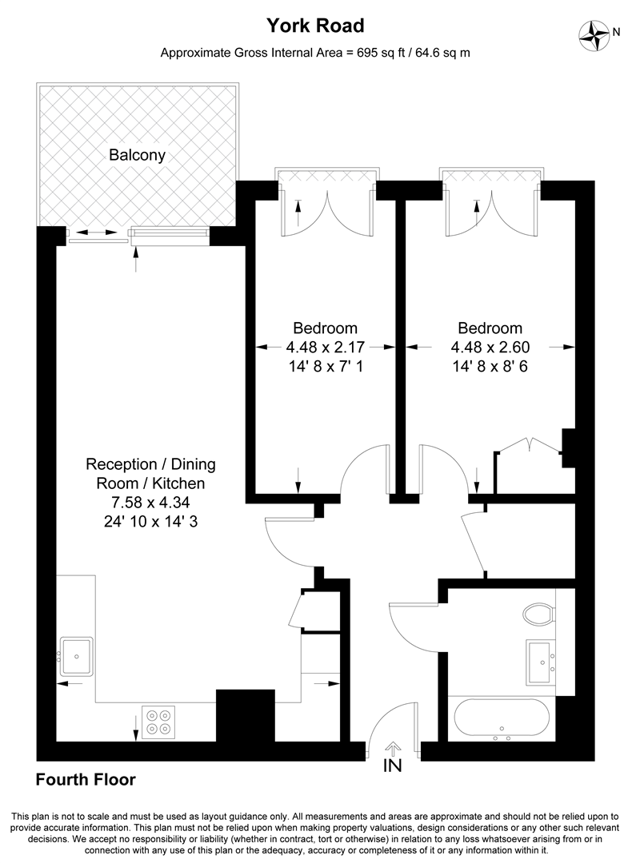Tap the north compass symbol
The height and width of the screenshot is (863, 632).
click(x=595, y=33)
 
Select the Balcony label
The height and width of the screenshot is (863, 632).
click(x=138, y=155)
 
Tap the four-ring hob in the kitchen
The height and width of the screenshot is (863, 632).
click(x=158, y=722)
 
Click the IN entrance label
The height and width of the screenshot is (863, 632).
click(x=392, y=766)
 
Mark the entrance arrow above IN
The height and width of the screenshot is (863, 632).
click(x=392, y=748)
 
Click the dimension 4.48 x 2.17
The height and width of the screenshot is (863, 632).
click(x=325, y=348)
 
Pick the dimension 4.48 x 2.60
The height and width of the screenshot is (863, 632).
click(x=490, y=348)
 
